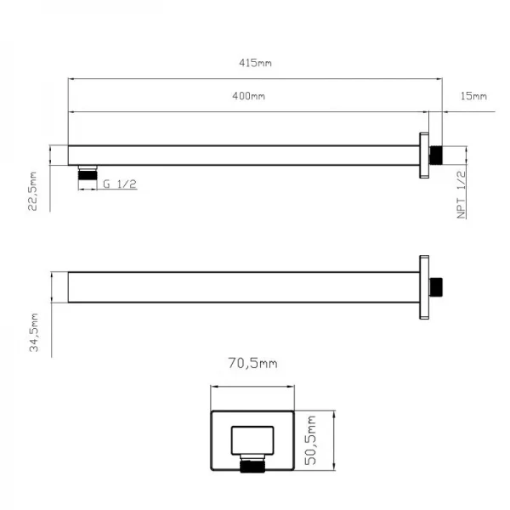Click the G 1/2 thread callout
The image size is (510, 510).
pos(119,184)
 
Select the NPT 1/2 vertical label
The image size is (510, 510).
pos(462,195)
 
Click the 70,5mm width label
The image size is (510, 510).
pos(252,364)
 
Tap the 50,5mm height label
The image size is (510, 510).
pos(311,439)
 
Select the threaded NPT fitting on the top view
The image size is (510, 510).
pos(437,155)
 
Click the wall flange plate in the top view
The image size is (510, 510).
pos(423,155)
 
